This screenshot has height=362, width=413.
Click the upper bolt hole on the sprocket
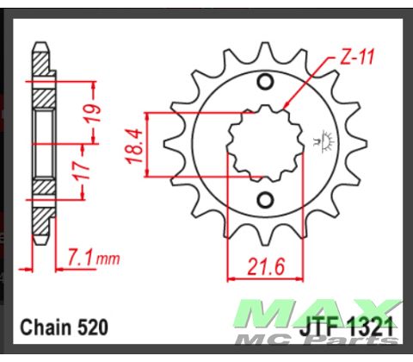(266, 83)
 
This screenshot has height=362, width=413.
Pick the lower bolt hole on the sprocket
(266, 201)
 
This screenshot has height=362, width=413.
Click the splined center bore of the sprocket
(264, 142)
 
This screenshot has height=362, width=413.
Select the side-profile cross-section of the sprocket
(40, 142)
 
